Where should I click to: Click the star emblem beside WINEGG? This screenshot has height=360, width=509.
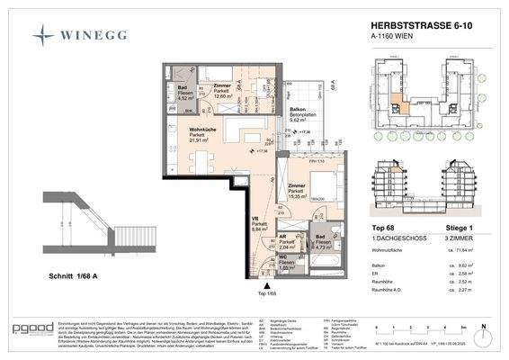pyautogui.click(x=44, y=36)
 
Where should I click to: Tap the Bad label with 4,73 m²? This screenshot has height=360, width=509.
pyautogui.click(x=322, y=238)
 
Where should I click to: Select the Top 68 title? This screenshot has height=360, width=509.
pyautogui.click(x=385, y=229)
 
